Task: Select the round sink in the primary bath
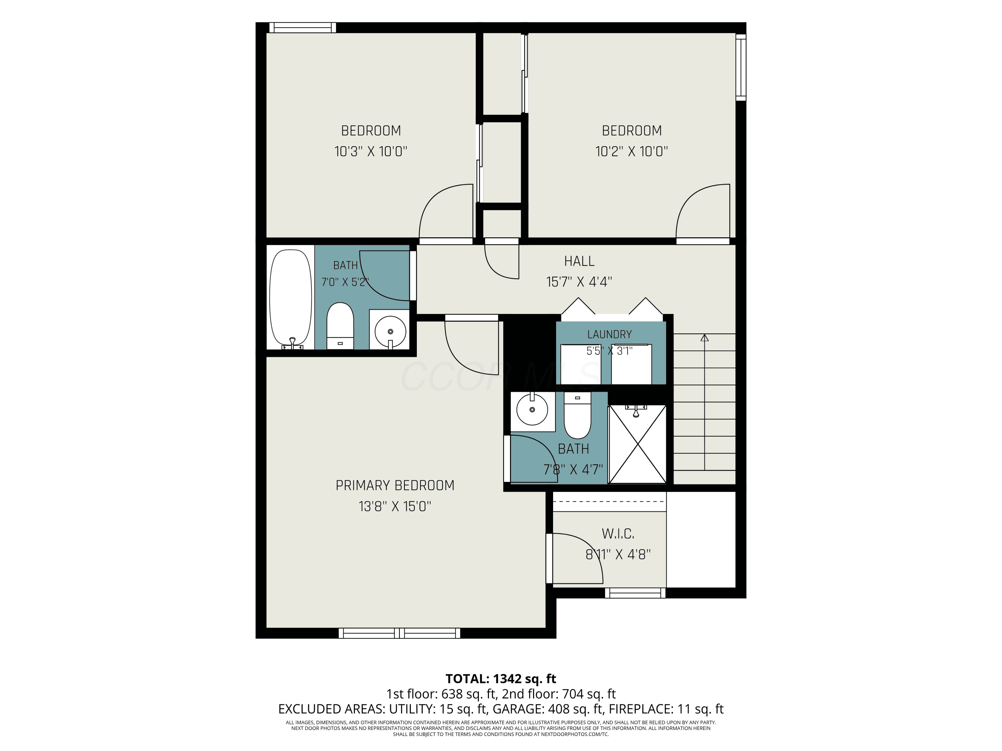pos(532,409)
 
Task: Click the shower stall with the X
pos(637,444)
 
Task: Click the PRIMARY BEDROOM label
pos(394,485)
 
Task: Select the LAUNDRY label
pos(609,334)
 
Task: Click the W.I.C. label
pos(618,534)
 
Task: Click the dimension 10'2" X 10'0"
pos(632,151)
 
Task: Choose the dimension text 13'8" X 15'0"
pos(394,506)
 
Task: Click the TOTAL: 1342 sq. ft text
pos(501,679)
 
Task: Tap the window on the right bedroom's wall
pos(740,67)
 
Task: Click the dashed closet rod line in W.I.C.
pos(609,502)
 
